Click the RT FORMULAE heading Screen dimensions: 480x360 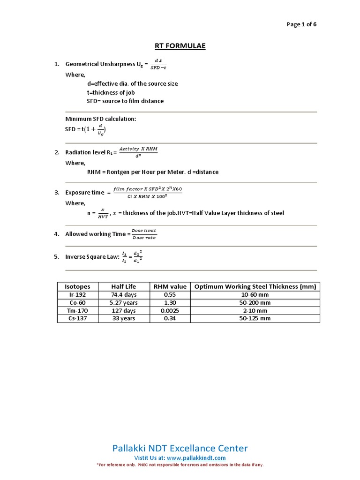click(180, 46)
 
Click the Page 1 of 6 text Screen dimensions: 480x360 click(301, 25)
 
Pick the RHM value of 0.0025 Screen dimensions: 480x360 click(169, 311)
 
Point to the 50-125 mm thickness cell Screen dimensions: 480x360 click(255, 319)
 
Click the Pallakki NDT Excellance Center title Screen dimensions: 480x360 click(180, 448)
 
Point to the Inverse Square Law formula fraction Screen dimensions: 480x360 click(132, 256)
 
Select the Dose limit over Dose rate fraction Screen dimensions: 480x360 click(143, 234)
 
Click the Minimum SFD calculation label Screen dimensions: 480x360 click(100, 119)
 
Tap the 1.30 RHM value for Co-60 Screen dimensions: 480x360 click(169, 303)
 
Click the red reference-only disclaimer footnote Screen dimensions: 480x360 click(180, 465)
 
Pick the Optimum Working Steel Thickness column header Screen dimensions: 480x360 click(255, 286)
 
